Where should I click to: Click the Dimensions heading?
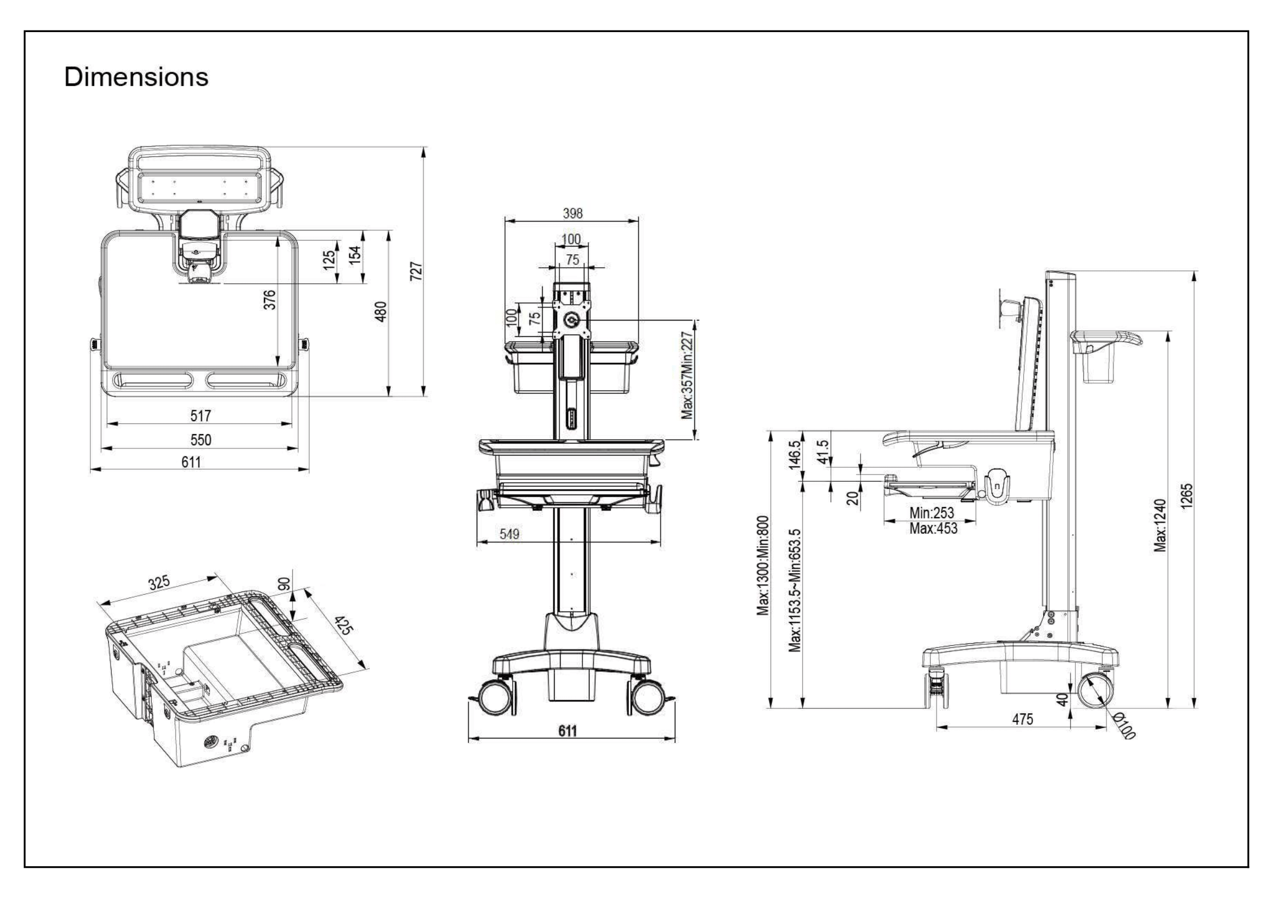coord(137,77)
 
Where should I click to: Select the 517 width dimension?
coord(200,416)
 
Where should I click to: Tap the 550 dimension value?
coord(200,440)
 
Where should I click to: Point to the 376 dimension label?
coord(269,300)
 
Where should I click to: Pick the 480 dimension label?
coord(380,311)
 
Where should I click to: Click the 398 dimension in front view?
coord(572,213)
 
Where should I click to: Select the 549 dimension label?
coord(509,534)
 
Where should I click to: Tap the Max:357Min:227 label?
coord(687,375)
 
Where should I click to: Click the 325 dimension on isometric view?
coord(158,583)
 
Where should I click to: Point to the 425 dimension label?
coord(343,626)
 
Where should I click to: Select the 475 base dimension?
coord(1023,719)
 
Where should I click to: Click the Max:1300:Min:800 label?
coord(763,566)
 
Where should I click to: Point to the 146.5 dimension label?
coord(795,454)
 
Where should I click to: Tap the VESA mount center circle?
coord(571,320)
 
